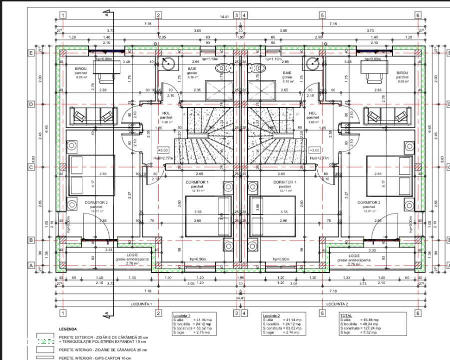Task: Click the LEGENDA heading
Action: click(68, 329)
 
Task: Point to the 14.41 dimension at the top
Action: click(224, 16)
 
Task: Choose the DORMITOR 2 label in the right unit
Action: click(369, 202)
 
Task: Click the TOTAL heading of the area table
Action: click(346, 316)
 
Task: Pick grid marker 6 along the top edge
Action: click(418, 15)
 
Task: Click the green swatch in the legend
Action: click(46, 341)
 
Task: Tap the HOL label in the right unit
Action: click(313, 113)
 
